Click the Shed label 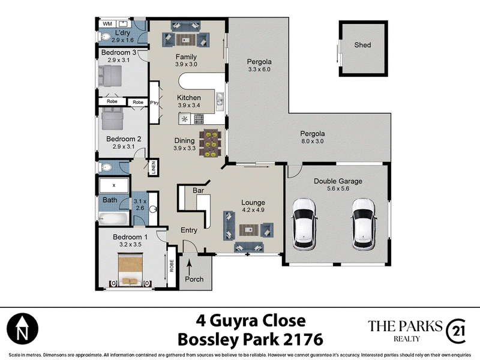tap(362, 45)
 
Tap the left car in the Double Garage tap(304, 224)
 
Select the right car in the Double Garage tap(364, 224)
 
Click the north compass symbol tap(22, 328)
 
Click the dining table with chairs tap(210, 143)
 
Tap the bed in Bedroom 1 tap(130, 269)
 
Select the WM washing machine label tap(107, 23)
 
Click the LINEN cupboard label tap(154, 167)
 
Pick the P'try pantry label tap(154, 103)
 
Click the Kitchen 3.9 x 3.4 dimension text tap(189, 106)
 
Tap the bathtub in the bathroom tap(113, 218)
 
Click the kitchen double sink tap(220, 101)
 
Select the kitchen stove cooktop tap(199, 118)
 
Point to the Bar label tap(199, 190)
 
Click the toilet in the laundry tap(104, 37)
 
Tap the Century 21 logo tap(456, 331)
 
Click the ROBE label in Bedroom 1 tap(172, 265)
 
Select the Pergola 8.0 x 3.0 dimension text tap(312, 142)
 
